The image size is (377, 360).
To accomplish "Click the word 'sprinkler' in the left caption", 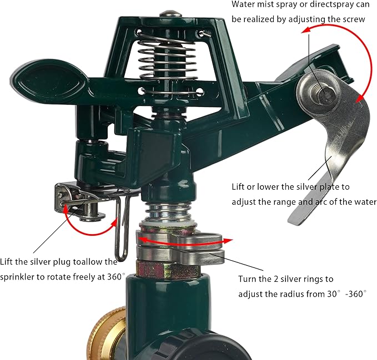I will coord(22,276).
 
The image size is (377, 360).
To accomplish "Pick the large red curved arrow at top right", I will coord(355,61).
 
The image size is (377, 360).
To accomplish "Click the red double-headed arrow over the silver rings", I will coord(183,240).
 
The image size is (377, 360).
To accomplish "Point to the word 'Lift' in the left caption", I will coord(10,261).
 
